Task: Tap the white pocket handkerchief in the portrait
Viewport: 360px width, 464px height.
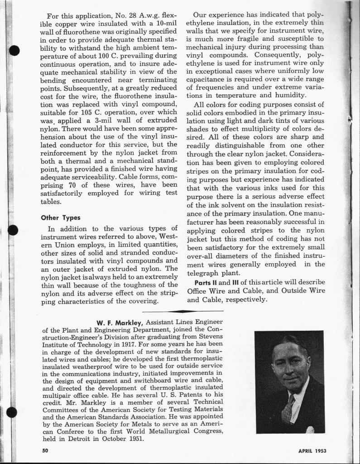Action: pos(310,429)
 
